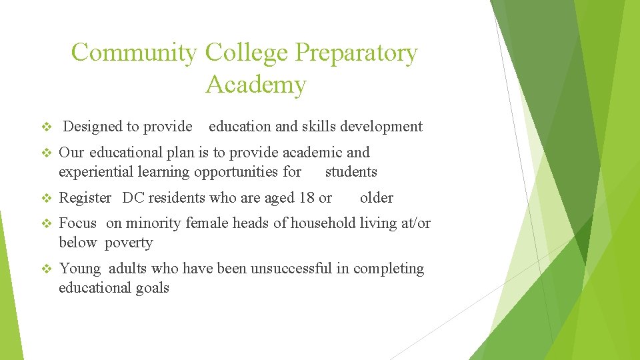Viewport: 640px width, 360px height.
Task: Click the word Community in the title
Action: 133,53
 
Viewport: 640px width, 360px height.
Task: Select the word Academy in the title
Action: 256,85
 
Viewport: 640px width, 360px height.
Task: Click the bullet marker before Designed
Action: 46,127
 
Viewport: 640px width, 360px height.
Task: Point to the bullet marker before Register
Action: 46,198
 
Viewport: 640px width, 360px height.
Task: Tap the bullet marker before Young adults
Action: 46,269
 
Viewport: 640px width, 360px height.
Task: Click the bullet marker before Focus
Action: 46,223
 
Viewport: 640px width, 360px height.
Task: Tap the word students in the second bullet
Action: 351,172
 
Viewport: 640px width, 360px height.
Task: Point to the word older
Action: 377,198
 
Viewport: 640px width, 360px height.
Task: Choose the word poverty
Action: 129,243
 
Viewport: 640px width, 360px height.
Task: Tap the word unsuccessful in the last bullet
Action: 293,269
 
